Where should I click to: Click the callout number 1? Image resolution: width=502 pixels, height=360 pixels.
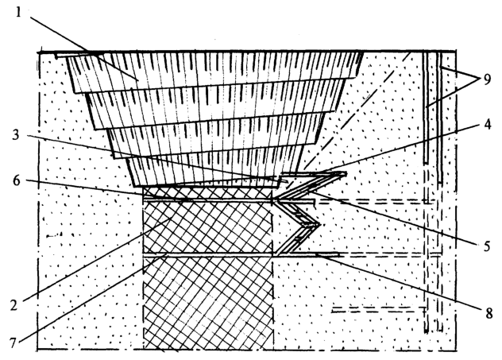pyautogui.click(x=18, y=12)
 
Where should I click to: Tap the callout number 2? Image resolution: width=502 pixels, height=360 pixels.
pyautogui.click(x=14, y=305)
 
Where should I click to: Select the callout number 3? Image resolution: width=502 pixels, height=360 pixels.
pyautogui.click(x=16, y=135)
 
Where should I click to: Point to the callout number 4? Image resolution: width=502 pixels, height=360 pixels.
pyautogui.click(x=487, y=125)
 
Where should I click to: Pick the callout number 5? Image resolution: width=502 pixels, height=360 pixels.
pyautogui.click(x=487, y=246)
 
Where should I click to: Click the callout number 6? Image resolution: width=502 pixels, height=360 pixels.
pyautogui.click(x=16, y=180)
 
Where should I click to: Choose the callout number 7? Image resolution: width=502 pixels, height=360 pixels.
pyautogui.click(x=13, y=343)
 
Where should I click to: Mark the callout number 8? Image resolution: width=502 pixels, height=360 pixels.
pyautogui.click(x=488, y=313)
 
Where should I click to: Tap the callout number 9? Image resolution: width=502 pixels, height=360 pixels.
pyautogui.click(x=487, y=79)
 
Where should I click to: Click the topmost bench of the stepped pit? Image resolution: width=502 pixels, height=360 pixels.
pyautogui.click(x=214, y=70)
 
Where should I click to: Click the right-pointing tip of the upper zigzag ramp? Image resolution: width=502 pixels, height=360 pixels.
pyautogui.click(x=346, y=174)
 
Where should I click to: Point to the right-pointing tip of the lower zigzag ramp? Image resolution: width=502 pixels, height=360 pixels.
pyautogui.click(x=320, y=225)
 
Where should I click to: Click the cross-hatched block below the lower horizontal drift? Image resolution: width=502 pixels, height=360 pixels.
pyautogui.click(x=208, y=303)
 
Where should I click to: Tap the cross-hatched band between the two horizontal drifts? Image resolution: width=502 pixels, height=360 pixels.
pyautogui.click(x=208, y=227)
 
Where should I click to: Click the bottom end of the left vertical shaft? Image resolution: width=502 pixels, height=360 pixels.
pyautogui.click(x=426, y=332)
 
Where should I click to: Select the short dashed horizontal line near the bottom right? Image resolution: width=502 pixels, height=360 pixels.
pyautogui.click(x=379, y=309)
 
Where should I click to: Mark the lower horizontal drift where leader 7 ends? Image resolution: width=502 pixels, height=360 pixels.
pyautogui.click(x=166, y=254)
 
